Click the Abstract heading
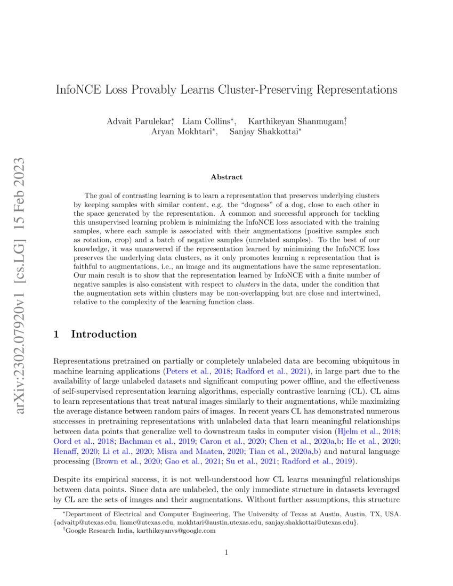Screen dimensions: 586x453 click(x=226, y=177)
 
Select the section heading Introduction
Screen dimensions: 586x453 click(x=104, y=335)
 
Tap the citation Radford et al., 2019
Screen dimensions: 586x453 click(x=319, y=461)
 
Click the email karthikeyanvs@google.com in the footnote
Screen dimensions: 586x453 click(x=176, y=531)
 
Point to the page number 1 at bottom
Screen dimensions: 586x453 click(x=226, y=552)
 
